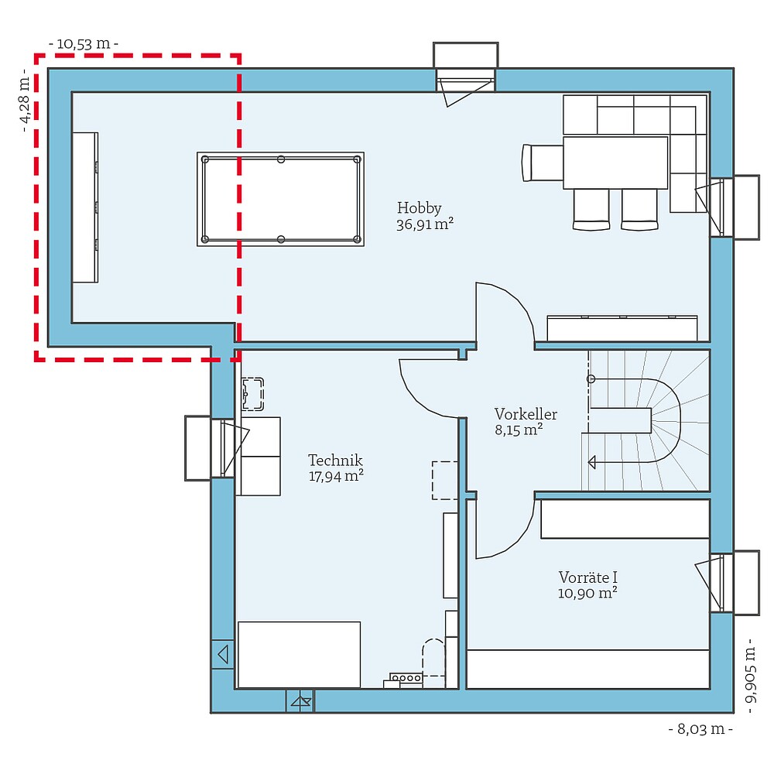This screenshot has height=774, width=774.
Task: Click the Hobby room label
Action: click(x=419, y=207)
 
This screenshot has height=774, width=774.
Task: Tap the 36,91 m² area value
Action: click(x=424, y=224)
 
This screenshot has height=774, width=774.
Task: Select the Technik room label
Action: click(x=335, y=460)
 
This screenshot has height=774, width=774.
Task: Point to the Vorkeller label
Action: click(x=526, y=414)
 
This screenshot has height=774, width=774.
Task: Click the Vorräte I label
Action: click(x=587, y=577)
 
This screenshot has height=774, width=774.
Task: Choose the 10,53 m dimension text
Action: click(x=83, y=44)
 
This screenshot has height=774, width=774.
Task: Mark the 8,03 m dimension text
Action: click(x=700, y=728)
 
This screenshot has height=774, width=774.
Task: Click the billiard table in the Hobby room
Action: click(x=280, y=200)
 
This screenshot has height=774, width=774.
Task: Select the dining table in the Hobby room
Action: click(x=615, y=162)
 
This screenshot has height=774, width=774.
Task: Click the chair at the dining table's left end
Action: click(x=543, y=163)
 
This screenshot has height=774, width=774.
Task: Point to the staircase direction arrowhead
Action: click(x=592, y=462)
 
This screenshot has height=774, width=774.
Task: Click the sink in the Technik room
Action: click(x=252, y=393)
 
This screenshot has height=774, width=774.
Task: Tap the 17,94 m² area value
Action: click(x=336, y=476)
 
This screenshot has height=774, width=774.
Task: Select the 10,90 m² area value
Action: click(x=587, y=594)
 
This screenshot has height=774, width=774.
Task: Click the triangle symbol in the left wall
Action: click(x=223, y=654)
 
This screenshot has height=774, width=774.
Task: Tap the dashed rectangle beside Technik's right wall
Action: click(x=444, y=480)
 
